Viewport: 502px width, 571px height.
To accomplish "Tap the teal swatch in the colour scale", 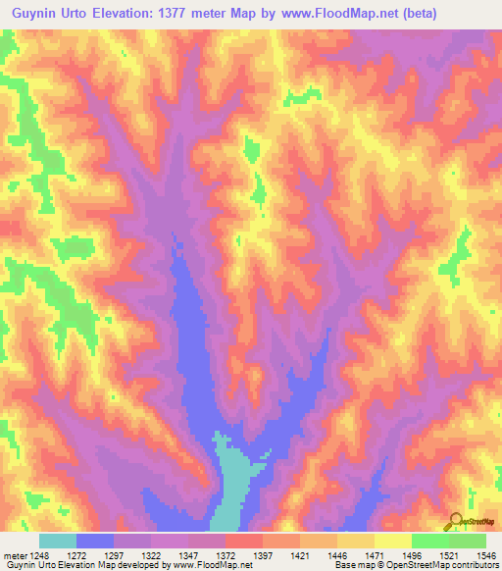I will (58, 541).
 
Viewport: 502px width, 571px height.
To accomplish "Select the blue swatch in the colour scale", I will (95, 541).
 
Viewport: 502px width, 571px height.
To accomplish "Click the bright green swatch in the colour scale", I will (429, 541).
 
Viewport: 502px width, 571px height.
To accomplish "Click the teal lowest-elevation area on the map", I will (230, 481).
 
